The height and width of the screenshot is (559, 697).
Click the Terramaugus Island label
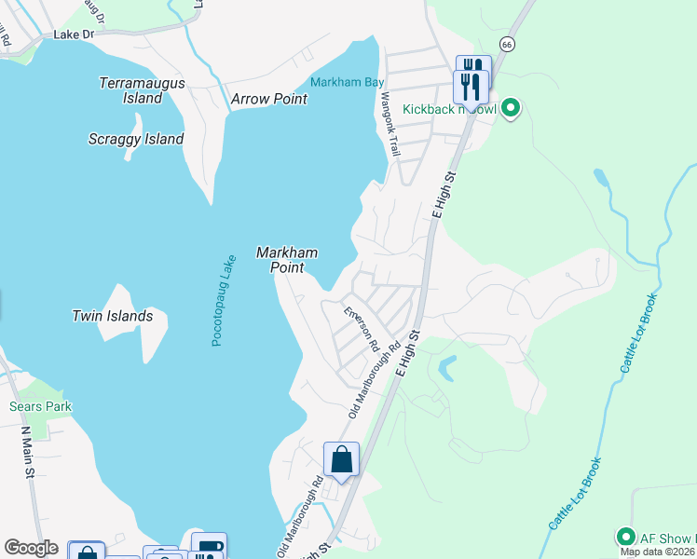pyautogui.click(x=142, y=90)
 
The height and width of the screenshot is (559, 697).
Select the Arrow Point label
pyautogui.click(x=269, y=99)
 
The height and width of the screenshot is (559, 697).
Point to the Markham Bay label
pyautogui.click(x=347, y=82)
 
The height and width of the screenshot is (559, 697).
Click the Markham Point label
pyautogui.click(x=287, y=260)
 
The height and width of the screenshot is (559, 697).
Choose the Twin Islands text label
pyautogui.click(x=112, y=316)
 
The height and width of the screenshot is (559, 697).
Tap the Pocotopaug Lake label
pyautogui.click(x=224, y=301)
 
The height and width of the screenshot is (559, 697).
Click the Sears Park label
pyautogui.click(x=40, y=406)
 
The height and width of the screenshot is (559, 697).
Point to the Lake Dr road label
pyautogui.click(x=75, y=34)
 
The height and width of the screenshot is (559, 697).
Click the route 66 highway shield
pyautogui.click(x=506, y=44)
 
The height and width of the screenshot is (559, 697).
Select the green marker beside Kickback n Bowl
pyautogui.click(x=510, y=109)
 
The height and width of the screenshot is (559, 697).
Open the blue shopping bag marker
pyautogui.click(x=341, y=459)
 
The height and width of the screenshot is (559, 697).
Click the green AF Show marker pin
pyautogui.click(x=625, y=537)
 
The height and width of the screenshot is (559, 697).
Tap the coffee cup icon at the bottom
pyautogui.click(x=209, y=547)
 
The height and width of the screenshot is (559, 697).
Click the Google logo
pyautogui.click(x=31, y=549)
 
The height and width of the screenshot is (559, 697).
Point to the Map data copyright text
pyautogui.click(x=658, y=552)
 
